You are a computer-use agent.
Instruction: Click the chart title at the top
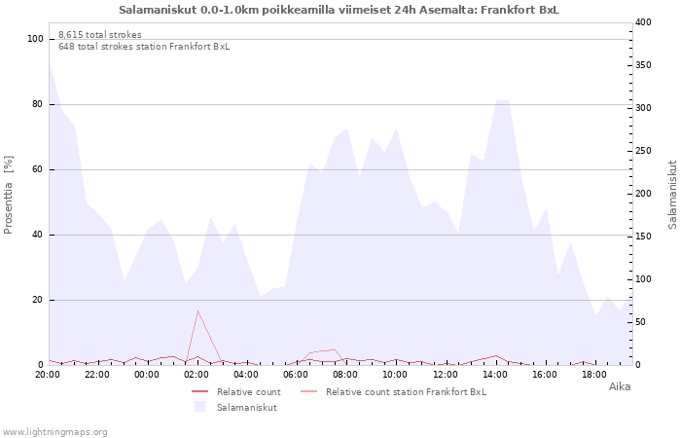339,10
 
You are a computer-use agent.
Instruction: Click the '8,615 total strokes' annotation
99,35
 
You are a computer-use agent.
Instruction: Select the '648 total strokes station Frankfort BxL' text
144,47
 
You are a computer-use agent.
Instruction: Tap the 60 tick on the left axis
38,169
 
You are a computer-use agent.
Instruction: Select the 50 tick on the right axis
642,322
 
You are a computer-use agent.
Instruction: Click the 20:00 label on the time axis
48,375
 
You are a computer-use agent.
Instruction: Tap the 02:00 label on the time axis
197,375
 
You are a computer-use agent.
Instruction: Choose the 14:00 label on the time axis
494,375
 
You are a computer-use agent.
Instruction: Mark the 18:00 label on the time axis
593,375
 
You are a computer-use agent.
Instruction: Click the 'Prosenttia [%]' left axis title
9,195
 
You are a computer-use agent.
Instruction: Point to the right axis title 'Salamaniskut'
672,195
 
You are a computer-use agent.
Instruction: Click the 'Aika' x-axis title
620,387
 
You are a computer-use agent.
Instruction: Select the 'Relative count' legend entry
248,392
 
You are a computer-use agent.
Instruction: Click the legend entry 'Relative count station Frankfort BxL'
406,392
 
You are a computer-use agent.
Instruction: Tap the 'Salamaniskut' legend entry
246,408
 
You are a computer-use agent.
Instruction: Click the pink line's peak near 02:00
197,310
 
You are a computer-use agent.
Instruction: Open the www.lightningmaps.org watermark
55,431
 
